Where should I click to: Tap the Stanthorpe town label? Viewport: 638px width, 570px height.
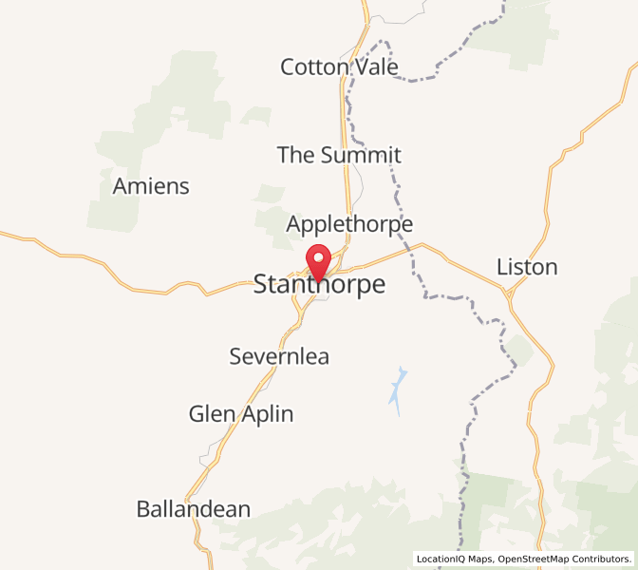320,285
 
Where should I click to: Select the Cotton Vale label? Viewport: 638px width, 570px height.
339,66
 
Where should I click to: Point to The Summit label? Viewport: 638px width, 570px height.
339,155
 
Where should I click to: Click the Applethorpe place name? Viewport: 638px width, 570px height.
349,225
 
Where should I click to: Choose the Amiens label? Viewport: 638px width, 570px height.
151,186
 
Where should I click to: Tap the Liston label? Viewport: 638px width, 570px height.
527,267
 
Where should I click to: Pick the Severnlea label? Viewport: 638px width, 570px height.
279,356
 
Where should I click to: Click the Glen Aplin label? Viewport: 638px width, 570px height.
241,414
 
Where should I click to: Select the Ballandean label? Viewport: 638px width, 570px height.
194,509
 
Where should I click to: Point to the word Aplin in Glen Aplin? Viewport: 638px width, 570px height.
265,414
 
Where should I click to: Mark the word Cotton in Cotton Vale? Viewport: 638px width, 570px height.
313,66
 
